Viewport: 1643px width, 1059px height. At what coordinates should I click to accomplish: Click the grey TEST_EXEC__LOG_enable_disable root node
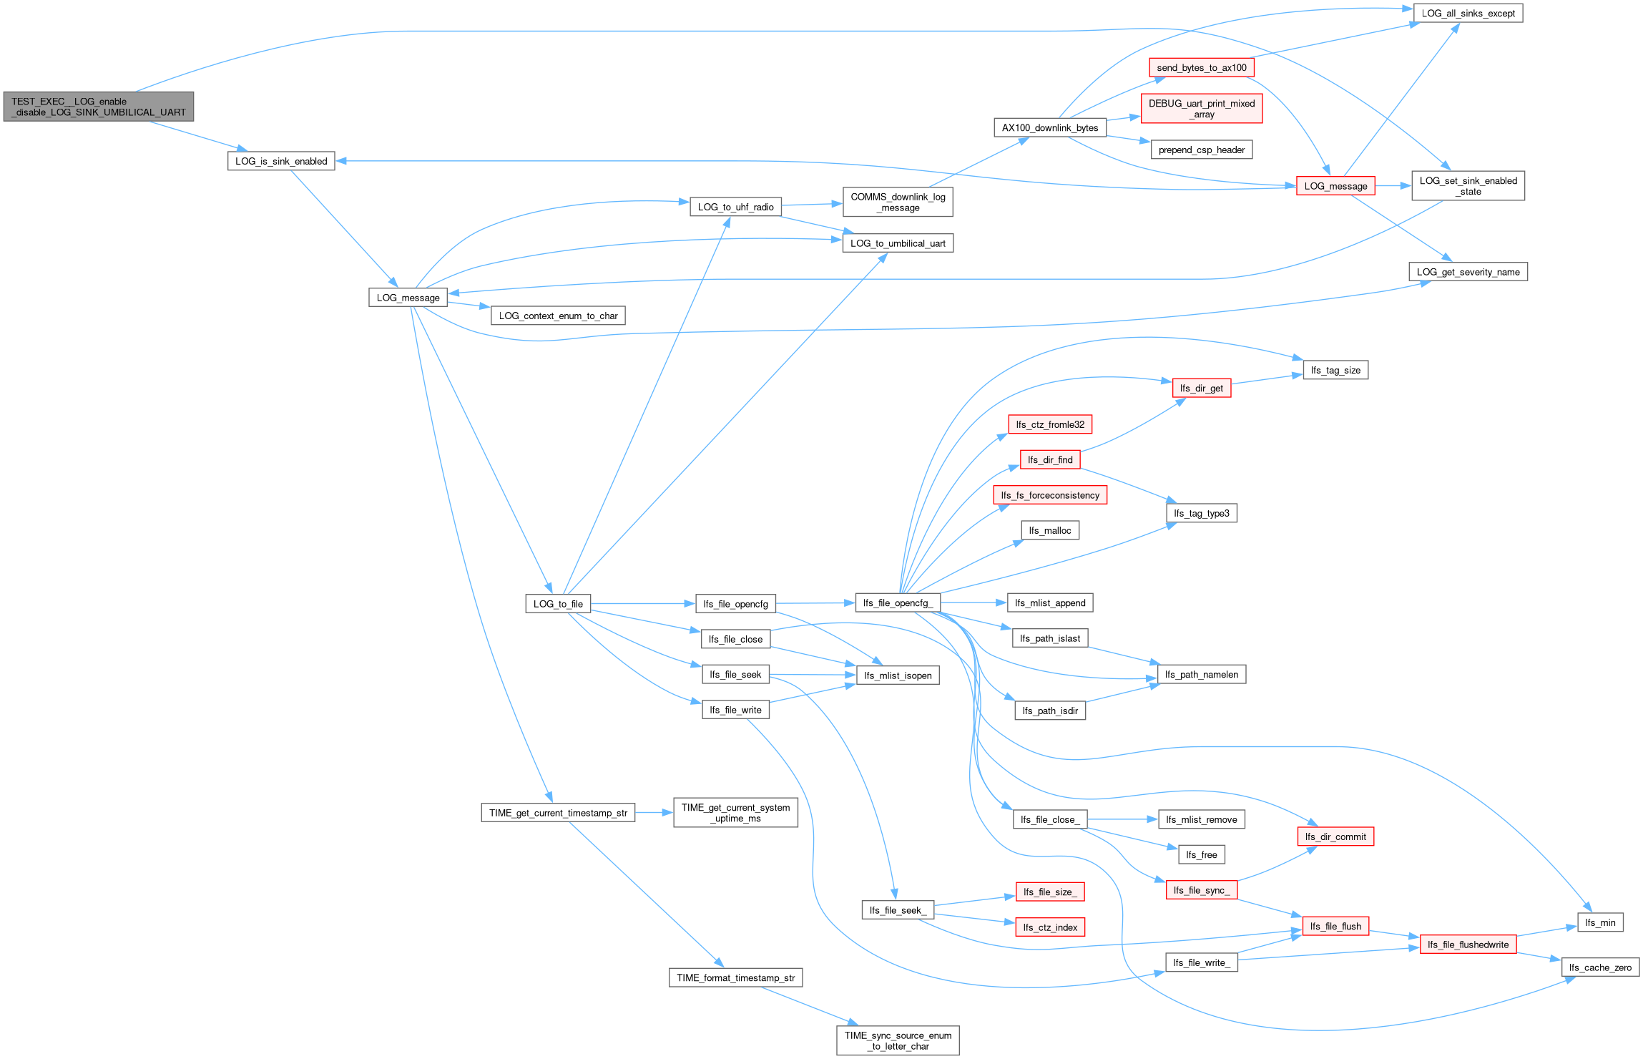(99, 107)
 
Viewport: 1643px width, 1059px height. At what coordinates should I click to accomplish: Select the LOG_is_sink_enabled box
(281, 161)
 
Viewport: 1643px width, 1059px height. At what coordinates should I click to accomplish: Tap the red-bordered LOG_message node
(1335, 186)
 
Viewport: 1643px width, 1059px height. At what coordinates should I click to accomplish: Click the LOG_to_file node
(558, 604)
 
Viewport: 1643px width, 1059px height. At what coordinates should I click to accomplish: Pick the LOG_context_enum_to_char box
(558, 316)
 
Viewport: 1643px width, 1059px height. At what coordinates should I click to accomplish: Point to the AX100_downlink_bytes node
(1050, 128)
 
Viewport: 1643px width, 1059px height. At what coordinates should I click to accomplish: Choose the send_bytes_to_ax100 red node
(1202, 68)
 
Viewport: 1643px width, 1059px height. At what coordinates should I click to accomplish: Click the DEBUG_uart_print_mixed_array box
(1202, 109)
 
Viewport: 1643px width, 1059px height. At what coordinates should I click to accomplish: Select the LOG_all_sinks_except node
(1468, 14)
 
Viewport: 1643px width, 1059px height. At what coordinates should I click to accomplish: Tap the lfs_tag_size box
(1335, 370)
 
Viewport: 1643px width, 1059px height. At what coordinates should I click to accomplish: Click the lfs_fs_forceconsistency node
(1050, 495)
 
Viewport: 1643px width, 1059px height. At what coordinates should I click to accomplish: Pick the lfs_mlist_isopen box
(898, 675)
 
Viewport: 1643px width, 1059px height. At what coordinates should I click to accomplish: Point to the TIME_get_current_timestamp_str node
(558, 813)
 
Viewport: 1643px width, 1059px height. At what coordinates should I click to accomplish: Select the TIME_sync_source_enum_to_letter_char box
(898, 1040)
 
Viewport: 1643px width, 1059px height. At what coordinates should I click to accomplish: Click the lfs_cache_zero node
(1600, 967)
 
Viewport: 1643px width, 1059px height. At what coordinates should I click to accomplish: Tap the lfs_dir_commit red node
(1335, 836)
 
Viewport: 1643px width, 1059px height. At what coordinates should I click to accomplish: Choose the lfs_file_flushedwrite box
(1468, 945)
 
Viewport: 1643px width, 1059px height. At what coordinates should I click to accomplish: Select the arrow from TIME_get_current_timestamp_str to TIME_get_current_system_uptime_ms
(654, 813)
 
